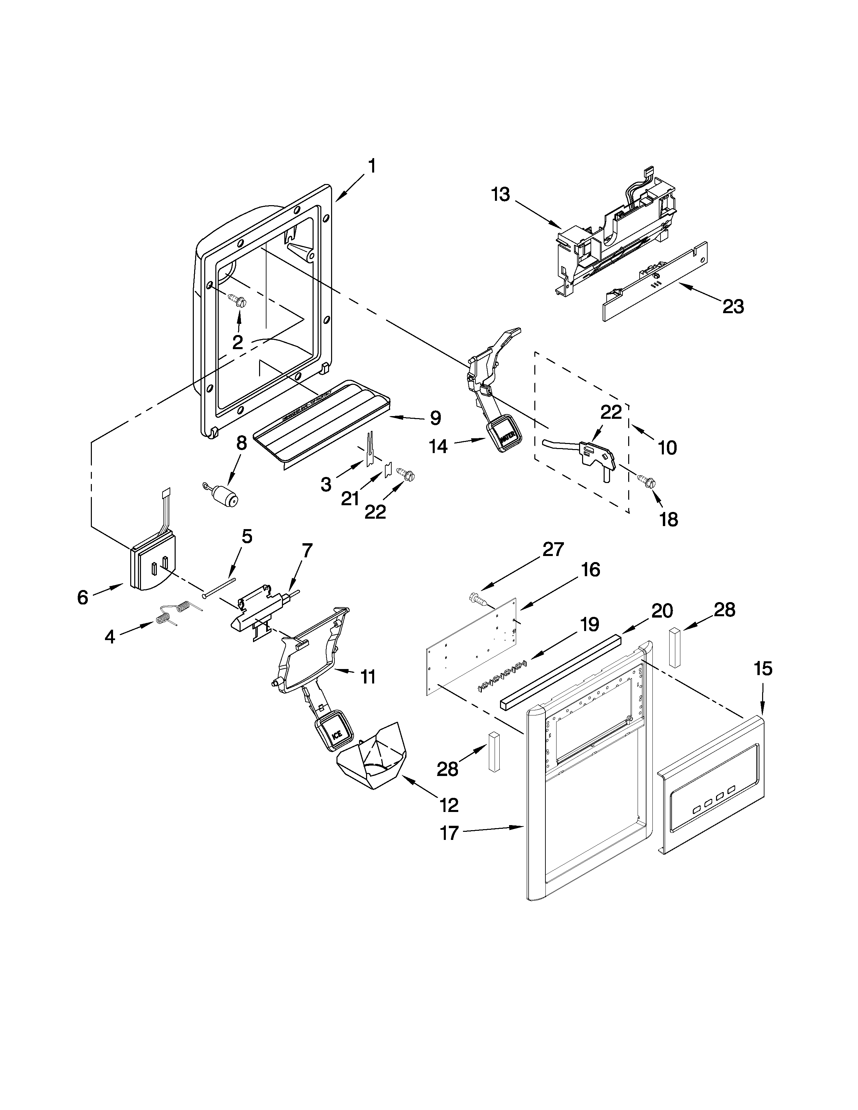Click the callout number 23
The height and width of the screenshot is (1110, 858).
pos(733,306)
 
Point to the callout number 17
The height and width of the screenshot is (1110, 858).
pos(449,833)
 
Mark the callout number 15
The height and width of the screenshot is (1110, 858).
pos(763,669)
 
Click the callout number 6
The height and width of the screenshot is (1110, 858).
pos(83,597)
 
